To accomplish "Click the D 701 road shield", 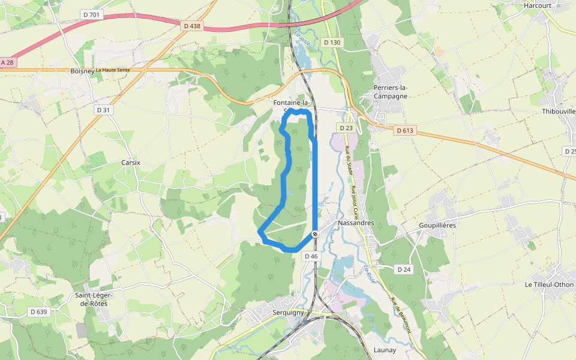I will click(90, 14).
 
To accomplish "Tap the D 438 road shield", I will click(192, 26).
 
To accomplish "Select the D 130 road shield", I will click(332, 43).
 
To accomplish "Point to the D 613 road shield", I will click(405, 130).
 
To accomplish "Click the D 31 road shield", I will click(104, 110).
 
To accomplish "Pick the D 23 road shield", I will click(346, 128).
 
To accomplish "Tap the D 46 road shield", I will click(311, 256).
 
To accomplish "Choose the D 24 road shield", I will click(404, 269).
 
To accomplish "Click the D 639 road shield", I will click(38, 311).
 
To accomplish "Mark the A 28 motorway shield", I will click(7, 62).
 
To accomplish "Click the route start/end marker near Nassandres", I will click(315, 234).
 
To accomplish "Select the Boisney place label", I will click(82, 71).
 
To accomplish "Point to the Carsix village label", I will click(130, 163).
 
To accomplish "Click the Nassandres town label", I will click(356, 223).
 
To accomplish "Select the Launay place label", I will click(385, 350).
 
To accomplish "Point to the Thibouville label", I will click(558, 112).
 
